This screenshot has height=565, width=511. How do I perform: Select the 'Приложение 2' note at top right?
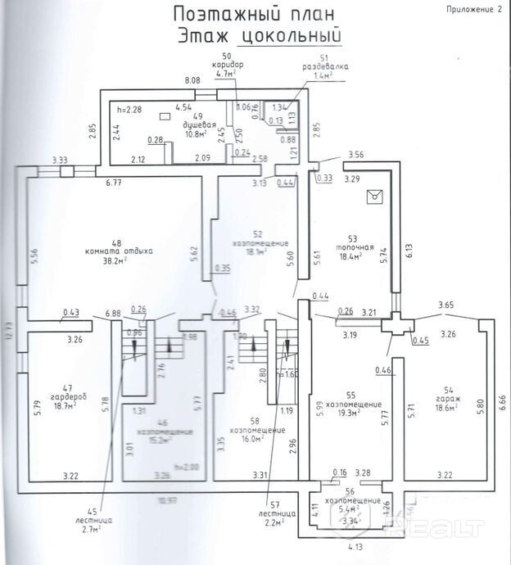click(474, 9)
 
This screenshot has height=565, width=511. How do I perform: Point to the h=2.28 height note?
click(130, 108)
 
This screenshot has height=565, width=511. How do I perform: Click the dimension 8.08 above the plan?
click(192, 79)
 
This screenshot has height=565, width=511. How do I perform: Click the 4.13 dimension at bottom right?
click(355, 546)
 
